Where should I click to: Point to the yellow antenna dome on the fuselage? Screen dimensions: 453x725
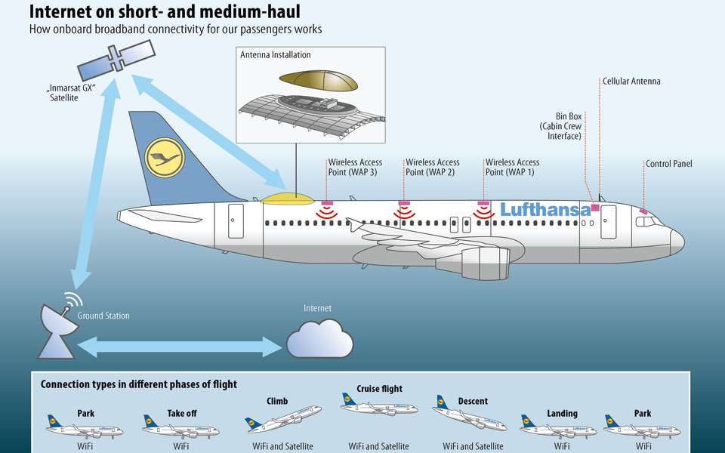(x=288, y=199)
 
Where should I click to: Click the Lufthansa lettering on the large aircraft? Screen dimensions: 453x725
(x=545, y=209)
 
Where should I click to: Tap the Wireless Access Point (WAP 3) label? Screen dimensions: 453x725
(x=355, y=167)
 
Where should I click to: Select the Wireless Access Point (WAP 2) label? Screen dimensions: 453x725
(x=433, y=167)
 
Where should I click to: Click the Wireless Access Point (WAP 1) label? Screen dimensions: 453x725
(x=512, y=167)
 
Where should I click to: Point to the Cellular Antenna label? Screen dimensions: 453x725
(x=631, y=82)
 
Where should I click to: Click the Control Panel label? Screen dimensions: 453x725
(x=668, y=164)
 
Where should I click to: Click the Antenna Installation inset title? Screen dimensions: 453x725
(x=275, y=55)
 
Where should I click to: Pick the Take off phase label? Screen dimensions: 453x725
(x=181, y=414)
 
